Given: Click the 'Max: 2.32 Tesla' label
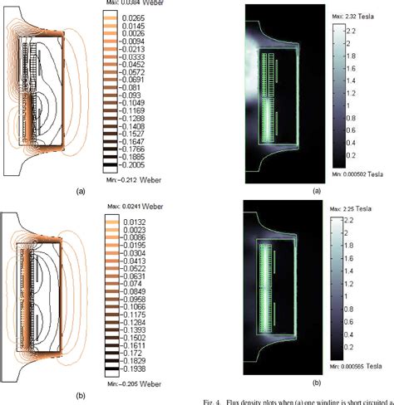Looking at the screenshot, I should (x=352, y=17).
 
